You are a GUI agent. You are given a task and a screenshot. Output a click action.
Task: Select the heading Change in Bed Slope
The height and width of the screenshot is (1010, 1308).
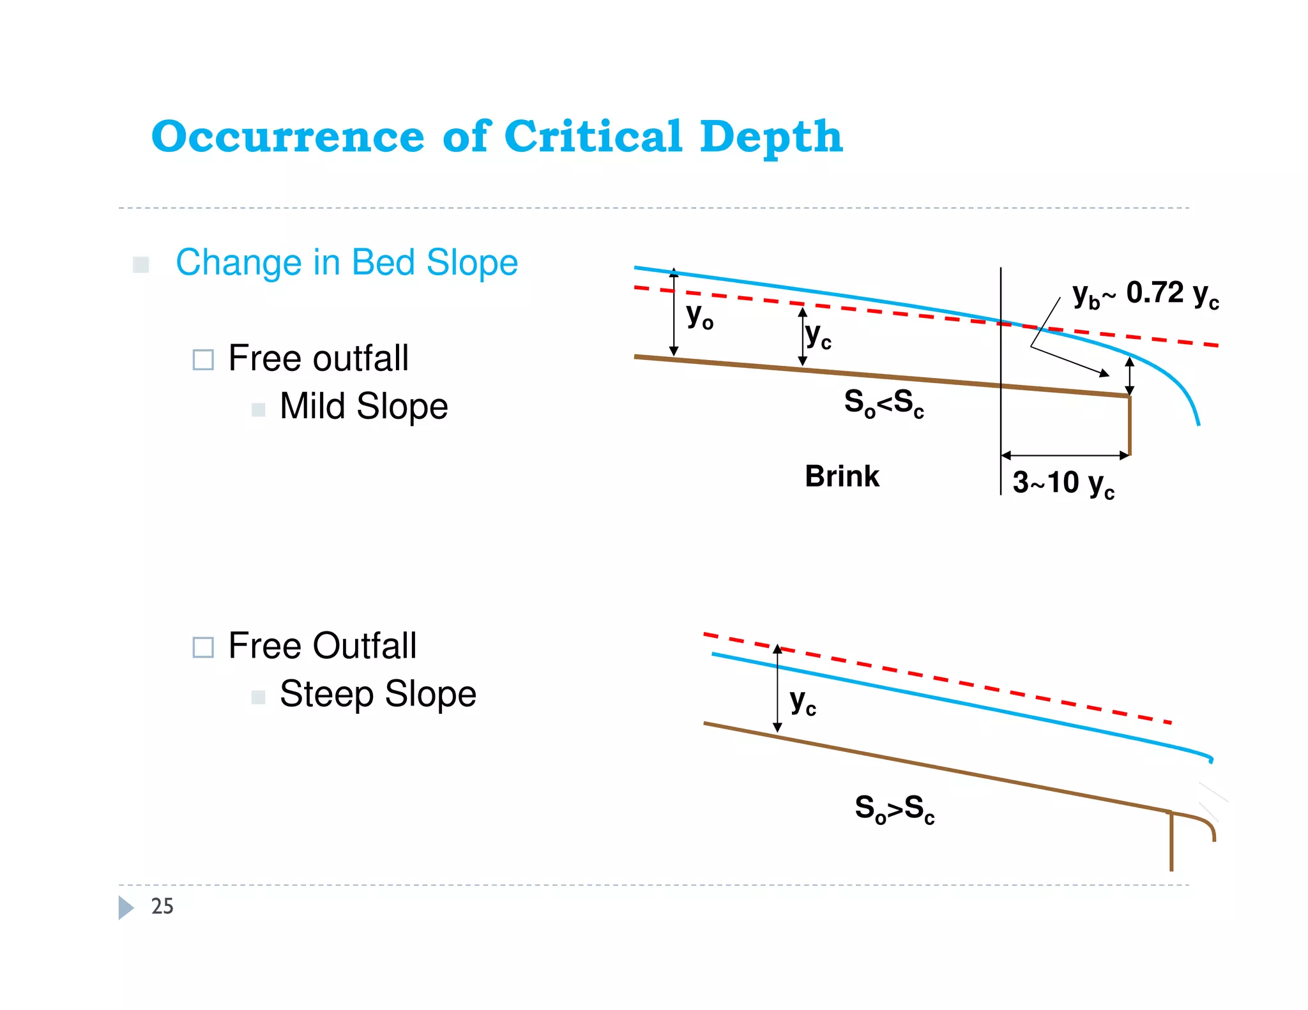347,262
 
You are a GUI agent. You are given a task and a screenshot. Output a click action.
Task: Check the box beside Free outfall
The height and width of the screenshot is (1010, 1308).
203,359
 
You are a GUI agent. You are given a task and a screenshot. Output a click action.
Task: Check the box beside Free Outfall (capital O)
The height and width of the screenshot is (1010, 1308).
203,647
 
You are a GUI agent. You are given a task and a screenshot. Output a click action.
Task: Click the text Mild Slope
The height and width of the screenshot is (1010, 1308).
363,406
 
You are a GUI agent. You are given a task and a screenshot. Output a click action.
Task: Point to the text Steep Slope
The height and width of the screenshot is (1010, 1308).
378,694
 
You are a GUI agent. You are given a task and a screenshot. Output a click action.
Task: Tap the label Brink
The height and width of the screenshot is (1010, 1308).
842,476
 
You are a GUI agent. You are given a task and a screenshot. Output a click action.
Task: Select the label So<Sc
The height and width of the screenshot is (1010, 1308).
884,403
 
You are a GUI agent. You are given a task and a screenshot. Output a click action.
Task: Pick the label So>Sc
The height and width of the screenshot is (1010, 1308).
895,809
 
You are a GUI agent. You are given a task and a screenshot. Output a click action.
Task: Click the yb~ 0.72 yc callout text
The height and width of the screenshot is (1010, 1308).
1146,294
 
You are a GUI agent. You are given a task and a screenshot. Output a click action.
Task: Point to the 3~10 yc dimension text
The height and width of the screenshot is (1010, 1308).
1063,483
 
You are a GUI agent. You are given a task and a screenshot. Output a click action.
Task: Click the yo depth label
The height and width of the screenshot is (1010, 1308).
700,315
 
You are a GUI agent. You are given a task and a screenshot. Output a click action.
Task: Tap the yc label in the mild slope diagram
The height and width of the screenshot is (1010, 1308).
818,335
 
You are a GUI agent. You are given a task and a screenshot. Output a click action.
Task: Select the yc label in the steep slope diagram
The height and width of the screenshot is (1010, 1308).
803,702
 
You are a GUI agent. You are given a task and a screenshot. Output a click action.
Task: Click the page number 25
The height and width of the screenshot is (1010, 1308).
162,907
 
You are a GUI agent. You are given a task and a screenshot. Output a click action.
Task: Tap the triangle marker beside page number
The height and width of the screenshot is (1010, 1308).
126,907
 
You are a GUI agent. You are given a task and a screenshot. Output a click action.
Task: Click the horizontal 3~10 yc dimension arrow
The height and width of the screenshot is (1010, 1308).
1065,456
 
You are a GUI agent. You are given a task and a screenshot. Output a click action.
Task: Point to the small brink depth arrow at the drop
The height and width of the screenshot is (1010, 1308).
1129,376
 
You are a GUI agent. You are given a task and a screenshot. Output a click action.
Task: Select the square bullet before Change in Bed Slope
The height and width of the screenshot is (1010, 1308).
141,264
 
